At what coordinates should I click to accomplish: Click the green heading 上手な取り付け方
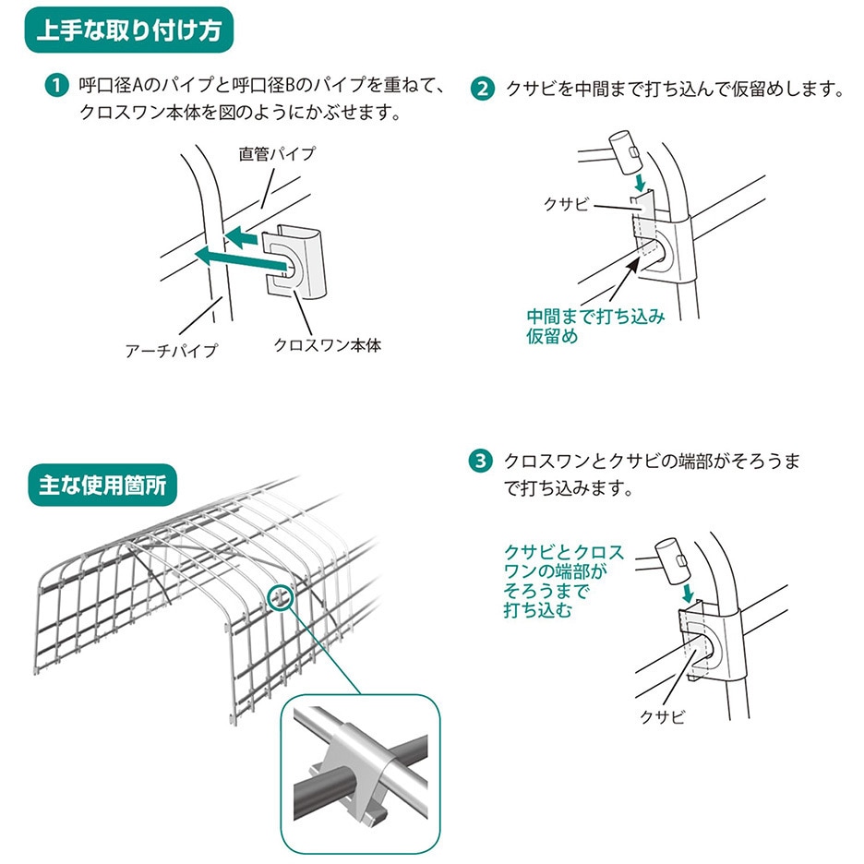tap(128, 31)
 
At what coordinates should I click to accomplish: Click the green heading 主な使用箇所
tap(103, 484)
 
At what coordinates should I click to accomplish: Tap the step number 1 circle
tap(59, 88)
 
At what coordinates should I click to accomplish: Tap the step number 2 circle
tap(482, 90)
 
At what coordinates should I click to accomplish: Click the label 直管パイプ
tap(277, 154)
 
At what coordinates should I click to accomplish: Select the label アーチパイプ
tap(171, 350)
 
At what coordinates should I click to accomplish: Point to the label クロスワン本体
tap(328, 345)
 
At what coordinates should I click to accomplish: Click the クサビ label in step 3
tap(662, 716)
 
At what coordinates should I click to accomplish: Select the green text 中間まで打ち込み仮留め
tap(595, 326)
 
